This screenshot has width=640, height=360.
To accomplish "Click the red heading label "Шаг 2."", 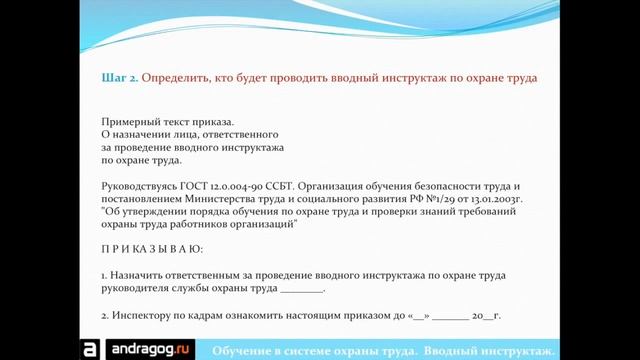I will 121,77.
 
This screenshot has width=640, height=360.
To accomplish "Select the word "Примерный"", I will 130,120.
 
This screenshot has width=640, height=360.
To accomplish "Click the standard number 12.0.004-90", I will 247,187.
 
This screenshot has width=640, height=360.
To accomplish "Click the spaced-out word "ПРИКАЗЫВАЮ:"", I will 152,246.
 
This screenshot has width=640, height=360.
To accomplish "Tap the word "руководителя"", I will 137,287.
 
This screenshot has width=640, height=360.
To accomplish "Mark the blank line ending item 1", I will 302,288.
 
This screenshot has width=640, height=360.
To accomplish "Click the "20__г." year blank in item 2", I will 485,315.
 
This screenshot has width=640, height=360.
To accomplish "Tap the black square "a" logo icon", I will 89,349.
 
